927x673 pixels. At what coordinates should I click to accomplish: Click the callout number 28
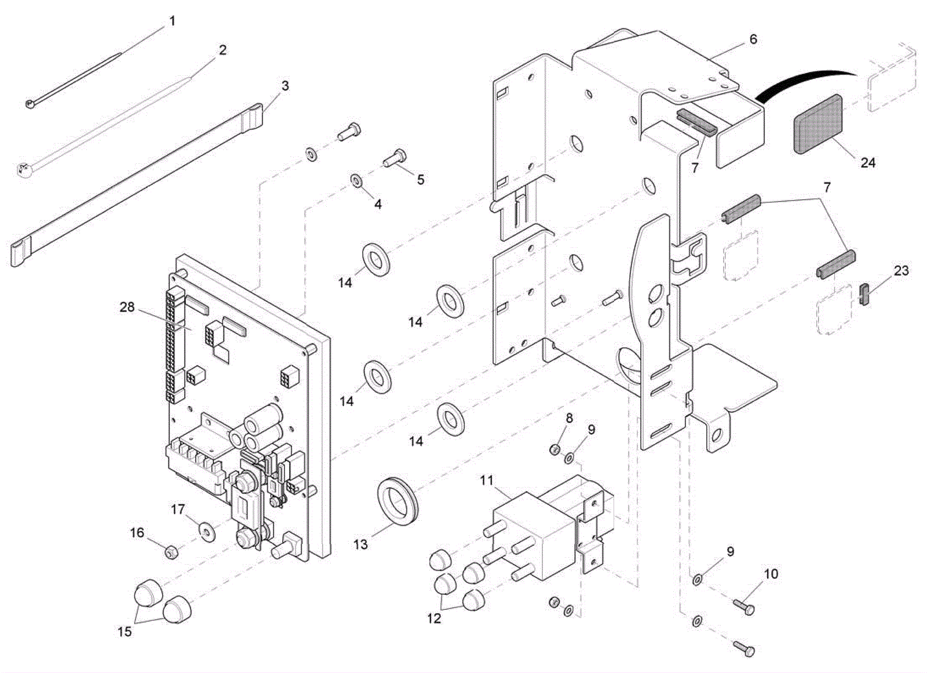coord(127,307)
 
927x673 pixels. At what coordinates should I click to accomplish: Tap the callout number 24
coord(867,163)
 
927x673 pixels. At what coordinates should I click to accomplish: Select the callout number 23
coord(901,270)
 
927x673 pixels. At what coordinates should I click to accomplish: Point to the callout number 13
coord(360,544)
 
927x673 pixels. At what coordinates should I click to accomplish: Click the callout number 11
coord(487,480)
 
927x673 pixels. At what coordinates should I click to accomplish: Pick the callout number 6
coord(753,39)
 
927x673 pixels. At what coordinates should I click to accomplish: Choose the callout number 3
coord(285,86)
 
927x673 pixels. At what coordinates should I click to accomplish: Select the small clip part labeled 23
coord(865,294)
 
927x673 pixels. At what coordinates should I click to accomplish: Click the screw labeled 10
coord(744,606)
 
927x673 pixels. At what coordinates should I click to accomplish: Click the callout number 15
coord(125,631)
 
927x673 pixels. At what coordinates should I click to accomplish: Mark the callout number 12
coord(434,619)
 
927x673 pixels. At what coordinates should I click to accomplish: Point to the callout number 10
coord(771,574)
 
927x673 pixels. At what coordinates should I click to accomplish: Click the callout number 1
coord(172,21)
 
